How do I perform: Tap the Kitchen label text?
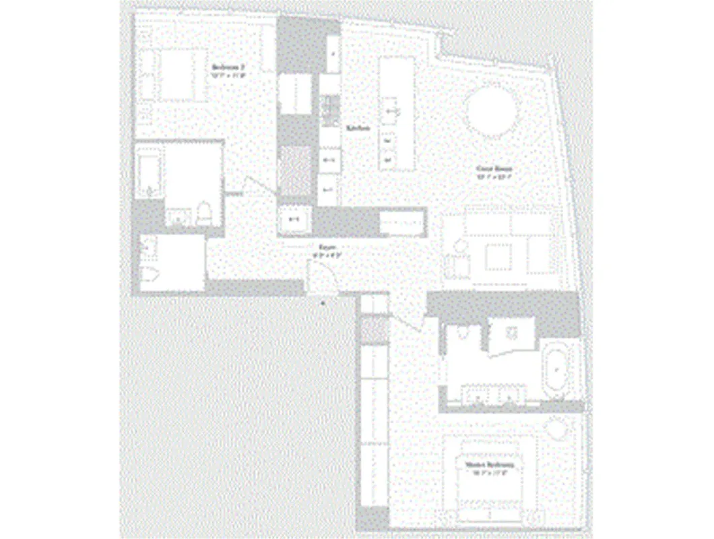coord(358,128)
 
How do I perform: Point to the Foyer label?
coord(327,248)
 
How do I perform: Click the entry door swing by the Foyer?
coord(319,276)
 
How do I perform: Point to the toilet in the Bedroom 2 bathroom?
coord(205,215)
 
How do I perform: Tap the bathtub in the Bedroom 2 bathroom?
coord(149,175)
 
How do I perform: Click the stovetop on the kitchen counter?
coord(331,108)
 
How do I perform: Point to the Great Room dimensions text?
coord(495,178)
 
